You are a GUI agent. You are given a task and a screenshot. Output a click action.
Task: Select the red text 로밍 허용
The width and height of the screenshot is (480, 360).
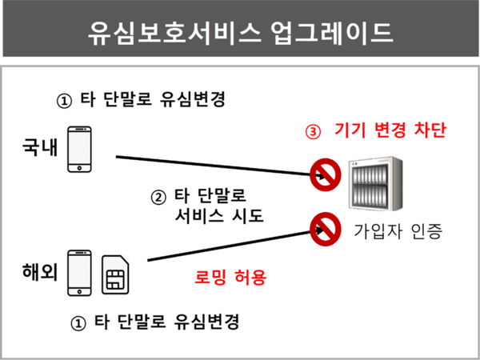[x=230, y=278]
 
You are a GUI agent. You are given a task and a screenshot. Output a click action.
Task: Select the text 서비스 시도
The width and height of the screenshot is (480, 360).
[x=218, y=216]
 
